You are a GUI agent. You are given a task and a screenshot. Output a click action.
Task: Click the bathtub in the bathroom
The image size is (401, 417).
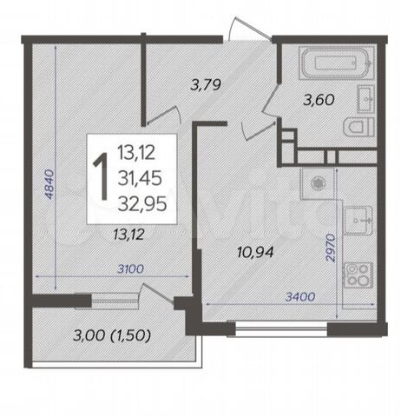click(336, 63)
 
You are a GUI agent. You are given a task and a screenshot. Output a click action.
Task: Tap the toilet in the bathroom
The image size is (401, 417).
click(358, 127)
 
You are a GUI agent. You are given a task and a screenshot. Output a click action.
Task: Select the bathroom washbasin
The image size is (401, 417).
click(365, 99)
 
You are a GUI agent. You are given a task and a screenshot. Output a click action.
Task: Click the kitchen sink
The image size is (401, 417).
click(358, 221)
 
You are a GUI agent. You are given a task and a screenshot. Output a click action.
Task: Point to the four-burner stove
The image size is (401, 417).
click(358, 275)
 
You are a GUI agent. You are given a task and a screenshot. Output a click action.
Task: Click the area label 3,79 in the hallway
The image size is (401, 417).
click(206, 84)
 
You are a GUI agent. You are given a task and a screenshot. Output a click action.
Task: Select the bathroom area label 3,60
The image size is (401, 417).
click(319, 100)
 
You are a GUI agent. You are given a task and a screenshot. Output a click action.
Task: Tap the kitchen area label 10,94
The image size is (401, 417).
click(255, 252)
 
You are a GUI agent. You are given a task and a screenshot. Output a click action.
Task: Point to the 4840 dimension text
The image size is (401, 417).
click(49, 184)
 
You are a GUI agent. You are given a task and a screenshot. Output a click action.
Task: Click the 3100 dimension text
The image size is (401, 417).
click(130, 269)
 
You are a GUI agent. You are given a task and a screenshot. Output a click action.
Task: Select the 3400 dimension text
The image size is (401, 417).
click(300, 296)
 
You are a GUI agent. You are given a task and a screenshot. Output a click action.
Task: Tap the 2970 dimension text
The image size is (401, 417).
click(331, 248)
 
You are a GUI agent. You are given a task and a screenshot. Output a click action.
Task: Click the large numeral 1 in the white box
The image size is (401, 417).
click(101, 177)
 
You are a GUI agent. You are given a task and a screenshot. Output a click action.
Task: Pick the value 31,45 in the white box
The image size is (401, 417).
click(140, 178)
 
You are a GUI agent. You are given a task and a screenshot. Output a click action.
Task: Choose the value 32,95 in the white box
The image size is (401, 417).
click(142, 203)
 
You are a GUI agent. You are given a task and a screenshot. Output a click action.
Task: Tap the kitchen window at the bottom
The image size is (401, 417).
click(281, 328)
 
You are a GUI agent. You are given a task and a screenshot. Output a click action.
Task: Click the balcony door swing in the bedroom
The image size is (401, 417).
click(156, 293)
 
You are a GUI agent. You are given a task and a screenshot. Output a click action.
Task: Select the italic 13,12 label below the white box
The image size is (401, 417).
click(128, 235)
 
